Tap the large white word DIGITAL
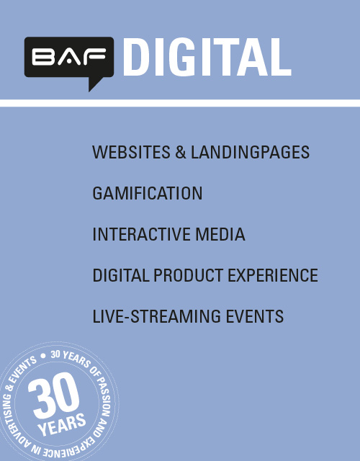[207, 57]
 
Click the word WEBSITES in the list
[131, 152]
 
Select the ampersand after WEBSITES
[181, 152]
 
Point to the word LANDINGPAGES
[250, 152]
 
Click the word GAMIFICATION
[148, 193]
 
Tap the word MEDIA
[220, 234]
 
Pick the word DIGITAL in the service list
[121, 275]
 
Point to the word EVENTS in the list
[254, 316]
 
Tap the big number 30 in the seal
[54, 395]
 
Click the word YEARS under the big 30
[62, 424]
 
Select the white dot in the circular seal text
[43, 356]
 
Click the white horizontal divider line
[180, 103]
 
